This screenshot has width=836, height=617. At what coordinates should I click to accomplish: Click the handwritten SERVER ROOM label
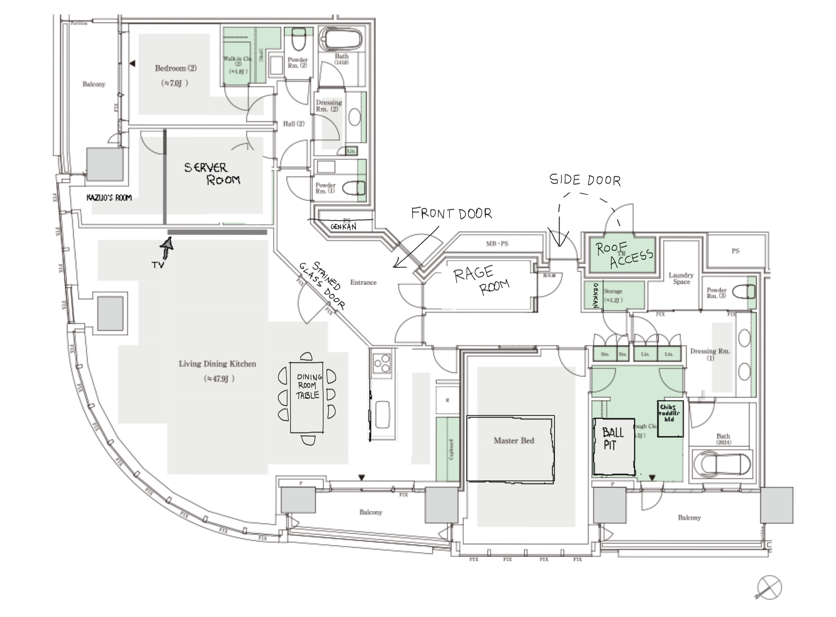tap(212, 174)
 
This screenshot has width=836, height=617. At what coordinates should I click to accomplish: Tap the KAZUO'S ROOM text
tap(109, 198)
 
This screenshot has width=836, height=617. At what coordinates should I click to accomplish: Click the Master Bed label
tap(514, 441)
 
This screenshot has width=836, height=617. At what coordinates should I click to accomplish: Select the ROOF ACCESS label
tap(624, 254)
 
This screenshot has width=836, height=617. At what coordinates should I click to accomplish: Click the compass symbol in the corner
tap(769, 587)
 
